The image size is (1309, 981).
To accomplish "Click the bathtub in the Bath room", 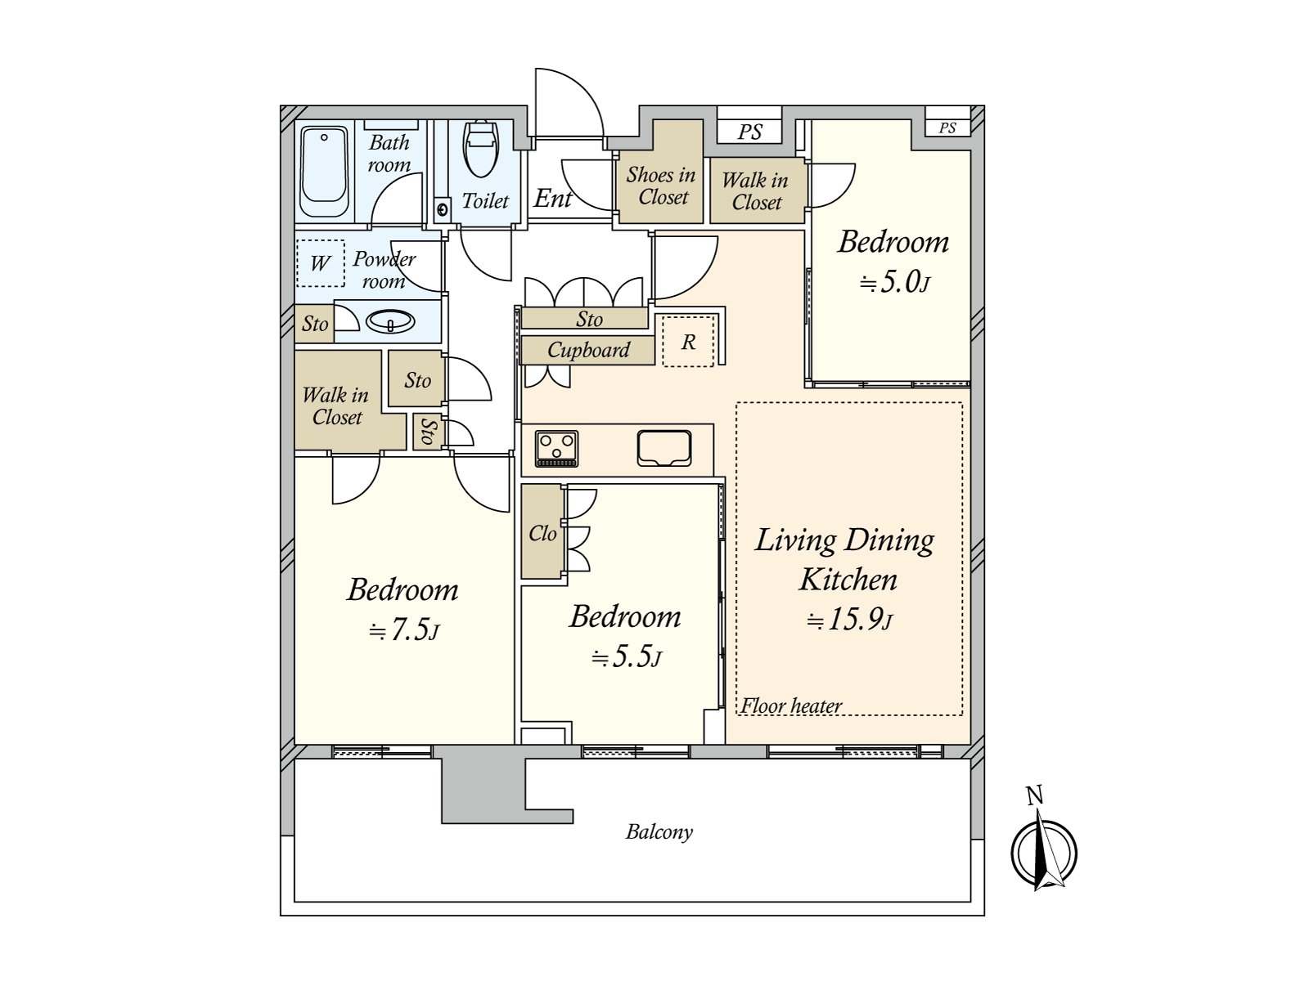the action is [324, 172].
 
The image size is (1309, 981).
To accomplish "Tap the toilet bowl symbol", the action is [481, 149].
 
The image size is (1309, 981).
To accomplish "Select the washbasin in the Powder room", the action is [390, 321].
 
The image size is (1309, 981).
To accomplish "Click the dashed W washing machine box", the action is [321, 263].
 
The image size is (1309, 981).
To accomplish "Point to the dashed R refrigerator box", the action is [688, 341].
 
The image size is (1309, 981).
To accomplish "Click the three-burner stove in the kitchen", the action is [556, 449].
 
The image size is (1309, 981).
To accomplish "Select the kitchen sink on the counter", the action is [664, 448].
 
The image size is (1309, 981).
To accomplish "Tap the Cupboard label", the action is [588, 350].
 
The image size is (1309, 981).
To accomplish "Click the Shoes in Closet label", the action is [661, 186].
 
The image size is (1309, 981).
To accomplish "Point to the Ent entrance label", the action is [552, 199].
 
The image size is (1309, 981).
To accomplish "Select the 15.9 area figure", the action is [850, 620].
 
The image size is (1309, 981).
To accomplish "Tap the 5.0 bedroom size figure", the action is [894, 282].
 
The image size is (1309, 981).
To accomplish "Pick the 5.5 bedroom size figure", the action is [626, 657].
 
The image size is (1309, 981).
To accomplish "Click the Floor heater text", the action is [791, 706].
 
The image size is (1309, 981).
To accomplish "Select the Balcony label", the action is [659, 832].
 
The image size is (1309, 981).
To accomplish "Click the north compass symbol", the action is [1044, 853].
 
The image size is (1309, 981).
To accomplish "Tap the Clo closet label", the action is [542, 534].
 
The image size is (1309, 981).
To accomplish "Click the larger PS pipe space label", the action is [749, 132].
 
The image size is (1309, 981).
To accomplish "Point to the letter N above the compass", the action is [1035, 795].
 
